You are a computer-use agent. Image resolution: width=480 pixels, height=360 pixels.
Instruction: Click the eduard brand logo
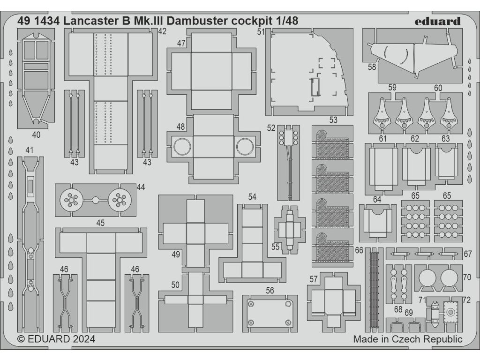pos(438,21)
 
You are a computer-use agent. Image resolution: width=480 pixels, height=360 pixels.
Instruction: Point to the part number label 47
pos(181,44)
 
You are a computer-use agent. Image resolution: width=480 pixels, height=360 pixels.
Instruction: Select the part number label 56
pos(270,291)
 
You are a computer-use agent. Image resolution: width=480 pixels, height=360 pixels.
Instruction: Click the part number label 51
pos(261,32)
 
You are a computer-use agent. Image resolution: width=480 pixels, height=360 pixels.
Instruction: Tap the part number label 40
pos(37,135)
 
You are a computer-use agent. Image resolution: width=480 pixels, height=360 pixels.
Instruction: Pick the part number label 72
pos(466,299)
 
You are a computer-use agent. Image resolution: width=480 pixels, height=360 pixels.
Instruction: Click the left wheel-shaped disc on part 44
pos(70,200)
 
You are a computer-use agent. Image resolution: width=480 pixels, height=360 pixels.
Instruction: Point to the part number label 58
pos(372,67)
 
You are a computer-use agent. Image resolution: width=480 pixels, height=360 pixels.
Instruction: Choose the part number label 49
pos(176,255)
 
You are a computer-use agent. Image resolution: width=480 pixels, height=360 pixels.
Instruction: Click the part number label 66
pos(359,250)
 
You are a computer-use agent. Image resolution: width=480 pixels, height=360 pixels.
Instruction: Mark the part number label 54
pos(252,197)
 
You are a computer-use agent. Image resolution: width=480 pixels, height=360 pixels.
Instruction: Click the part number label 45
pos(100,223)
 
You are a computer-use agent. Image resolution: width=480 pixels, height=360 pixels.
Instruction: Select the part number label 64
pos(377,200)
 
